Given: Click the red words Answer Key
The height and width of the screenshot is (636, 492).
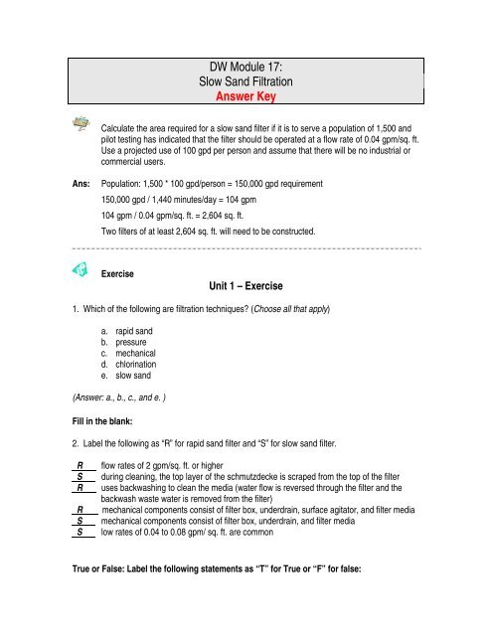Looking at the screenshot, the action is coord(245,99).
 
